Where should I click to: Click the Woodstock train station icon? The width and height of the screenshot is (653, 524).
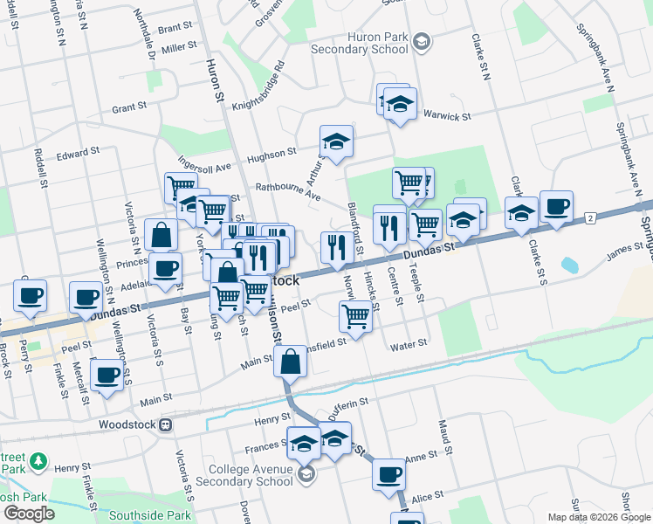[x=166, y=425]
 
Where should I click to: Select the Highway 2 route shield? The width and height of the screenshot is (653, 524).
[x=591, y=217]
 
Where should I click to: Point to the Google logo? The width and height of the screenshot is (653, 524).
[x=29, y=513]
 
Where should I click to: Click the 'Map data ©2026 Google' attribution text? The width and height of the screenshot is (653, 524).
[x=599, y=517]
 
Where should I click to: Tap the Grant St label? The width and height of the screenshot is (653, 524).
[x=128, y=107]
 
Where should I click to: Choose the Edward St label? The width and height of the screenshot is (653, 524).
[x=79, y=154]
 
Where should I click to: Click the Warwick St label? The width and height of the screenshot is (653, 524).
[x=447, y=115]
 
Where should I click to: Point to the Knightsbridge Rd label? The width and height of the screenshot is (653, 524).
[x=255, y=89]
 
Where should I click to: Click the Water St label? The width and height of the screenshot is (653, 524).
[x=408, y=344]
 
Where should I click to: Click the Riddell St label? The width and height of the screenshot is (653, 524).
[x=41, y=171]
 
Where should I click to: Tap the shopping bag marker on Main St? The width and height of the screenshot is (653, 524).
[x=289, y=360]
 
